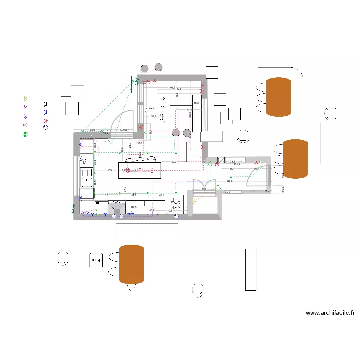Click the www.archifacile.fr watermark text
(x=330, y=313)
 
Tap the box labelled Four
(x=96, y=259)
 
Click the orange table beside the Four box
(x=132, y=264)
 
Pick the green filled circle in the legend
(x=25, y=135)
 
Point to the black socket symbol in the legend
(x=46, y=103)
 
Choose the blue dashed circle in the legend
(x=46, y=128)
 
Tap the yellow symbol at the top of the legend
(x=25, y=98)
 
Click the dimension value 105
(x=109, y=170)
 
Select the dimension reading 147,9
(x=229, y=181)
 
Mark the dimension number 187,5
(x=133, y=207)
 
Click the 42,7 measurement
(x=174, y=162)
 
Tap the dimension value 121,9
(x=236, y=165)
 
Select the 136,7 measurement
(x=227, y=192)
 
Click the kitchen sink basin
(x=87, y=182)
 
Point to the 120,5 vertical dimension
(x=190, y=115)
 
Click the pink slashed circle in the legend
(x=25, y=125)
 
